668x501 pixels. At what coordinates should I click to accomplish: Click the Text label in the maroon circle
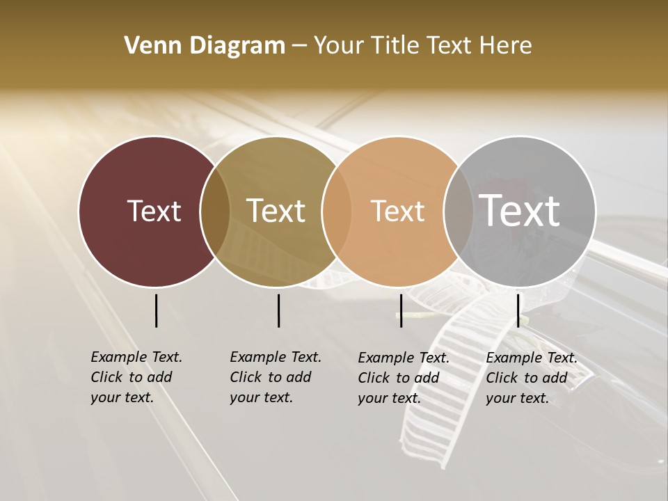154,211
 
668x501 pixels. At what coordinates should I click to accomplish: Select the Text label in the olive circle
276,211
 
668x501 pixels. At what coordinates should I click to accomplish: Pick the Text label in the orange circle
397,211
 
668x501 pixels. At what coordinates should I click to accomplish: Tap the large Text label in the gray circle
520,211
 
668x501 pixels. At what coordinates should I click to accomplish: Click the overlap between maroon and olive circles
215,211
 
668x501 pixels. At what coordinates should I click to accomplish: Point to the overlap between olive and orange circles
337,211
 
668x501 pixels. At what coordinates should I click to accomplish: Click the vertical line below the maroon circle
156,310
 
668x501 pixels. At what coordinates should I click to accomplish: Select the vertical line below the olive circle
278,310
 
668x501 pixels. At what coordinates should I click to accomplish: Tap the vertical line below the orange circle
401,310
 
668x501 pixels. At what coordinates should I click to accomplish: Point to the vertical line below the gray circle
518,310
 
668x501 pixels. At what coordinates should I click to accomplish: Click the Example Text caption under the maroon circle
136,377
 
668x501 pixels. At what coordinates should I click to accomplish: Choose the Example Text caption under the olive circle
276,377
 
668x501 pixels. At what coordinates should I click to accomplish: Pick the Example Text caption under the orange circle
404,378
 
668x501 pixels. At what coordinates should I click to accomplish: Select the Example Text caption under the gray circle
532,378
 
